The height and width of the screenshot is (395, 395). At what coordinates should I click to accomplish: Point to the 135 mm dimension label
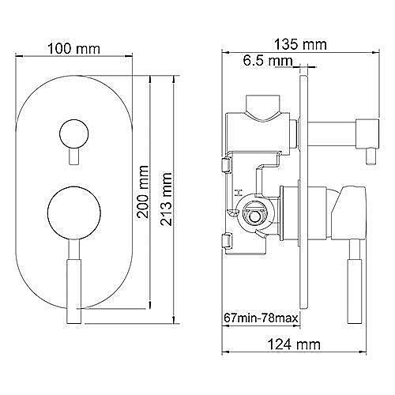coord(299,45)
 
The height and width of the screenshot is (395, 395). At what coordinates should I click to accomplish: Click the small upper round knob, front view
coord(73,132)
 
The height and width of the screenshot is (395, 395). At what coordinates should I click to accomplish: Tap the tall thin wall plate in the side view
coord(302,197)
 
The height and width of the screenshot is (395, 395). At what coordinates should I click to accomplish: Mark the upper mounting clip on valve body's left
coord(227,165)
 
